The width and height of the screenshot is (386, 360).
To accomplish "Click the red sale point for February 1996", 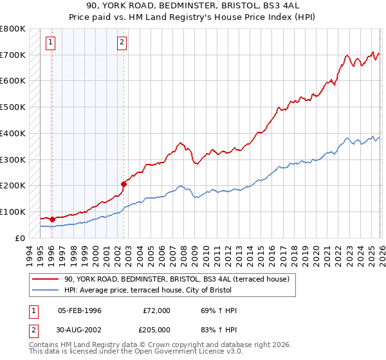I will pyautogui.click(x=52, y=219).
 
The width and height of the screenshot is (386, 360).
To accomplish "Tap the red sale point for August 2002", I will pyautogui.click(x=124, y=184).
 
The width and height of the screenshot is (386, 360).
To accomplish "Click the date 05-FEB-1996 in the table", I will pyautogui.click(x=80, y=310).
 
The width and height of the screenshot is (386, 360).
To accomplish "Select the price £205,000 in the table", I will pyautogui.click(x=156, y=329).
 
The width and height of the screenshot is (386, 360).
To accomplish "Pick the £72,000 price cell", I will pyautogui.click(x=156, y=310).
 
